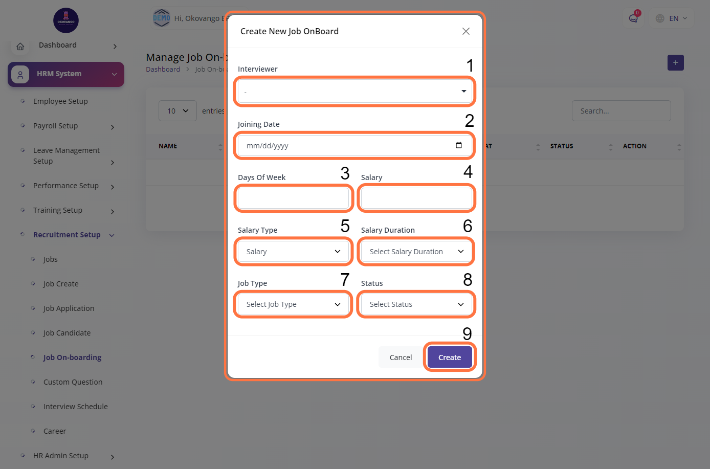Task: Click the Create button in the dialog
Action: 450,357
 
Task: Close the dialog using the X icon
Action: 465,31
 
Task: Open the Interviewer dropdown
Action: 354,91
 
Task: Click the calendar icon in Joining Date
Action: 459,145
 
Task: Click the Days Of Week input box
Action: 293,198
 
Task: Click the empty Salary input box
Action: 416,198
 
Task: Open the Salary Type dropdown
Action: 293,251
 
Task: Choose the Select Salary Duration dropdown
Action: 416,251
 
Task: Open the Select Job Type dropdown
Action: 293,304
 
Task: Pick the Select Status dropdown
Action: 416,304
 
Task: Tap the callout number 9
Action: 467,333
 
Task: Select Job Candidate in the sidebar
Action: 67,333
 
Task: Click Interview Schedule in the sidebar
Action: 75,406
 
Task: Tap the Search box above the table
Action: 621,111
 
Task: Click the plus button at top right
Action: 675,62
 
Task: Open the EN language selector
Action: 672,18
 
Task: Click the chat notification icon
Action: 633,18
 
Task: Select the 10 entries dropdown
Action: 177,111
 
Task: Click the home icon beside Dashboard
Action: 20,47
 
